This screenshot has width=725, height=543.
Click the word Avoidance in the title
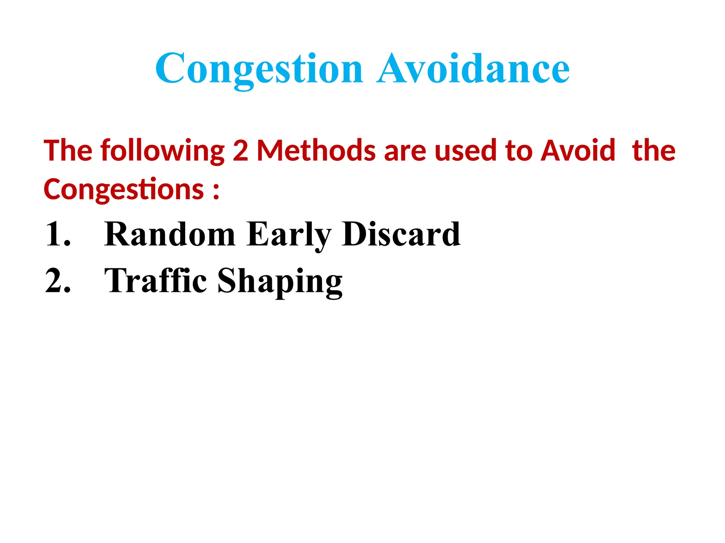(x=473, y=69)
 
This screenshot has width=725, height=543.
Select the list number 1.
(x=58, y=234)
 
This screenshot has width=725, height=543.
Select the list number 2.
(x=58, y=281)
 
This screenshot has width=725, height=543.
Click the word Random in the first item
(x=170, y=234)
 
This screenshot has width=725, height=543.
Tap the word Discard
(x=401, y=234)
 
